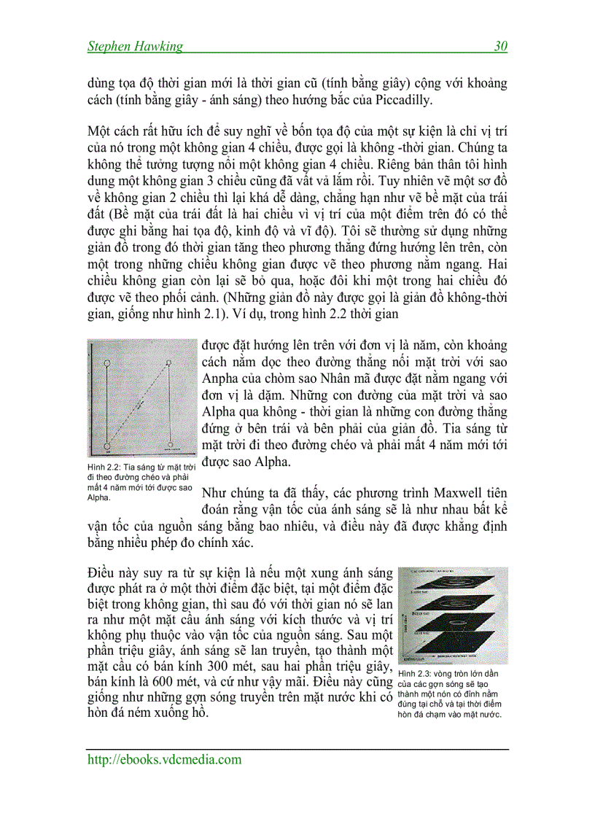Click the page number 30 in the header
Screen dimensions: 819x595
pyautogui.click(x=500, y=47)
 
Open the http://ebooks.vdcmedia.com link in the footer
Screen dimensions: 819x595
pyautogui.click(x=164, y=760)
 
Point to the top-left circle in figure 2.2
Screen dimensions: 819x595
pyautogui.click(x=107, y=362)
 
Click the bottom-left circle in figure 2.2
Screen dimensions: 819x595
pyautogui.click(x=107, y=443)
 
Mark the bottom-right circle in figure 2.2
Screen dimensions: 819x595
pyautogui.click(x=170, y=443)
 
